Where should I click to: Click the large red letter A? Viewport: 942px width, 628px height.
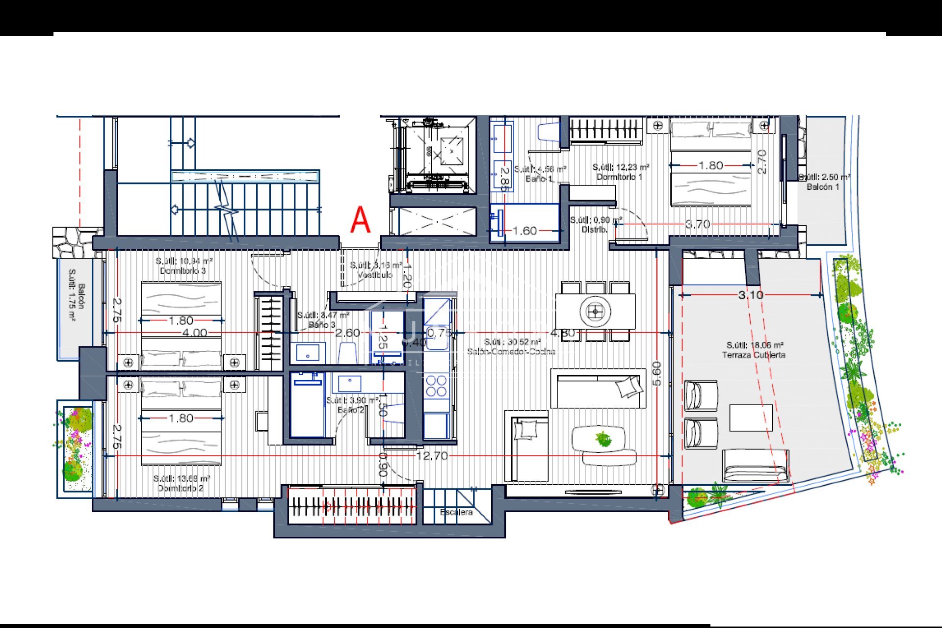point(361,220)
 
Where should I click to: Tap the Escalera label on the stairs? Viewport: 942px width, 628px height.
point(456,512)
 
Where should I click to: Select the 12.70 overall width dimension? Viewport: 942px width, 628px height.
point(432,456)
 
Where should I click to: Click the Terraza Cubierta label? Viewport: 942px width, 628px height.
point(754,354)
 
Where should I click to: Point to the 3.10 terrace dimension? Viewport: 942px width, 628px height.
point(751,295)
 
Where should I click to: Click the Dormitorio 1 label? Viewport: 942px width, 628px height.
point(619,177)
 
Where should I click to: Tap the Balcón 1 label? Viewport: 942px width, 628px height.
point(823,187)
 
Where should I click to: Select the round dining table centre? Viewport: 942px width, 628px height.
point(595,311)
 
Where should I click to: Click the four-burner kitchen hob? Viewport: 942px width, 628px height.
point(436,386)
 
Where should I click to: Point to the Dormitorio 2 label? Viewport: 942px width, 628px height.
point(181,488)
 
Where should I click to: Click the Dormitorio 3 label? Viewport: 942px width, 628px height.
point(183,270)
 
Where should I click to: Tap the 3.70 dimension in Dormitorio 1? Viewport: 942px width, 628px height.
point(697,224)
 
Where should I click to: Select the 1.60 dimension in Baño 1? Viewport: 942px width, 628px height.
point(524,231)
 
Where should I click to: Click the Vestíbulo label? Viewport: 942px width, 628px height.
point(375,275)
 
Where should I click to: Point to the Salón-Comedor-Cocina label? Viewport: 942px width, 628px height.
point(511,351)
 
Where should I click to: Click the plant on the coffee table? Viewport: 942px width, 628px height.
point(603,438)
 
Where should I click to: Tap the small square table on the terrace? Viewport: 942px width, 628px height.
point(751,418)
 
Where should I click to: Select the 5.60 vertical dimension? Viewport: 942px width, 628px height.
point(656,374)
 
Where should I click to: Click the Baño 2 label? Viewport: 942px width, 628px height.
point(351,410)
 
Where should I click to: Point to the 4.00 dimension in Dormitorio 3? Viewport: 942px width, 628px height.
point(194,333)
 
